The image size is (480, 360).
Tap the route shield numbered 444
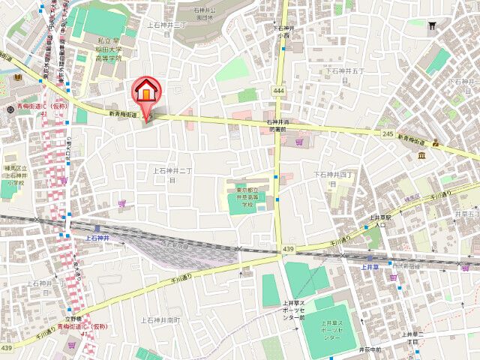click(x=279, y=91)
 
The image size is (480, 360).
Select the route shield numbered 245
click(x=388, y=133)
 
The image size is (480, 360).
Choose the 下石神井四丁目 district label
click(x=328, y=178)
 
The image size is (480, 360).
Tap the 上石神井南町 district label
click(x=166, y=320)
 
